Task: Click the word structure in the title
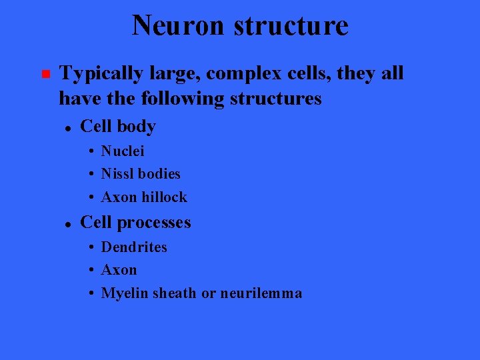[291, 25]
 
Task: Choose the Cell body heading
[117, 126]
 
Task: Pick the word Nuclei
[123, 151]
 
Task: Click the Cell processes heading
[135, 222]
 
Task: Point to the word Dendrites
[134, 247]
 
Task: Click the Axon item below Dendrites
[119, 270]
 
